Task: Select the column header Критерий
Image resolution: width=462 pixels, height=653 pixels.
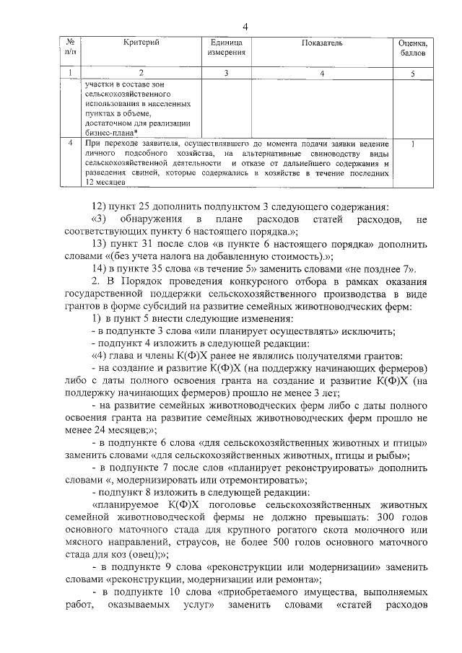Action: [x=141, y=44]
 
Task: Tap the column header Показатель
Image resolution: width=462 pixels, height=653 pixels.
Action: [x=321, y=44]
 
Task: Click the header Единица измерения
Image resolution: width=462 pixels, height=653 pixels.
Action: [x=226, y=48]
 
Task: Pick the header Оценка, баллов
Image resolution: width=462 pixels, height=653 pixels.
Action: [x=413, y=48]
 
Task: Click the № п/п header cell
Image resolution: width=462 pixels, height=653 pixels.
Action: [x=70, y=48]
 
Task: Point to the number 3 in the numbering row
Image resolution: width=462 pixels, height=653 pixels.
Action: [x=226, y=73]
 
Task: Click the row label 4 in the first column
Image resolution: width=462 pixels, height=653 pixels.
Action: [x=69, y=144]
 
